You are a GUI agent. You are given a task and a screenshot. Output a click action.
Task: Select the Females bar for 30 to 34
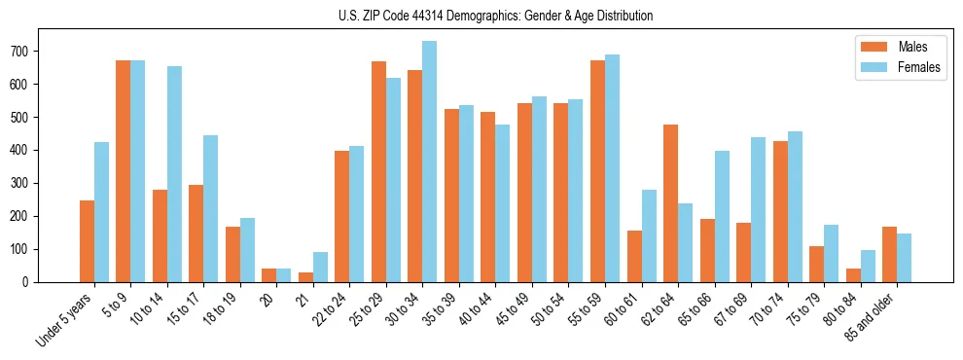coord(429,162)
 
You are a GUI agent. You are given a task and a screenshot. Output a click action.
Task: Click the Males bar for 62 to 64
coord(670,203)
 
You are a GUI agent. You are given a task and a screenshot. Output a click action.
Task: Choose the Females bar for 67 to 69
coord(758,209)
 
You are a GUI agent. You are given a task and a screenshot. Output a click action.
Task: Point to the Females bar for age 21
coord(320,267)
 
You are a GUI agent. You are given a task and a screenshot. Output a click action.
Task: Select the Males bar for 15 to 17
coord(196,234)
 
